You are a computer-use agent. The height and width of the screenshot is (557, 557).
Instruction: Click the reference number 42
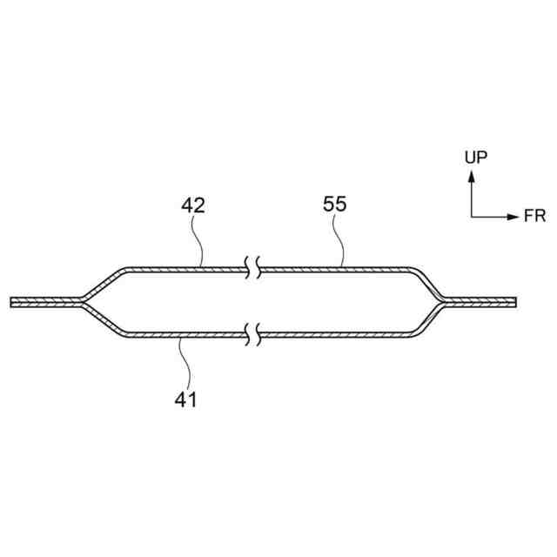pos(193,205)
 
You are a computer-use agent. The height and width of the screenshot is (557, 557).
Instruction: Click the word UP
pos(475,157)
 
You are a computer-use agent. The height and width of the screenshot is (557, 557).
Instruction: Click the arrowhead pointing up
pos(471,175)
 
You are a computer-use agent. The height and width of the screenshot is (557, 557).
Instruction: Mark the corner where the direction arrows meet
pos(471,216)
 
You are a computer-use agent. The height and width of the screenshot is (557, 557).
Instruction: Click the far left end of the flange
pos(11,302)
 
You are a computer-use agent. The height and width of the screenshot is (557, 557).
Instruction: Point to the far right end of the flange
pos(515,302)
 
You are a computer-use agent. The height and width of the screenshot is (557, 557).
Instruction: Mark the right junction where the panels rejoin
pos(442,302)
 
